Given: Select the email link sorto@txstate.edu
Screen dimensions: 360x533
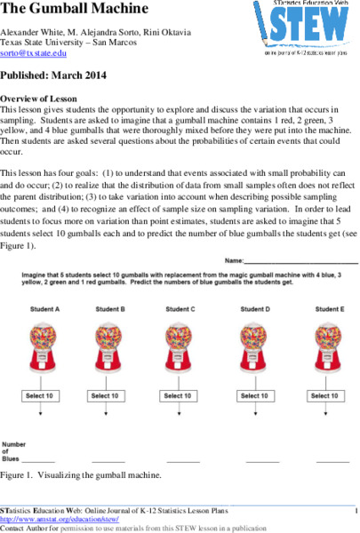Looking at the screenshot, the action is click(x=34, y=54).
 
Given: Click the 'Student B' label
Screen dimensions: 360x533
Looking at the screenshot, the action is click(x=110, y=308).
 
